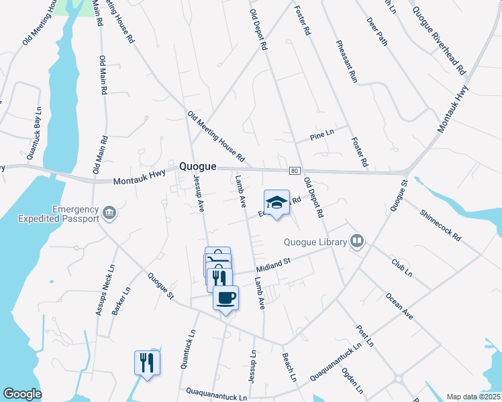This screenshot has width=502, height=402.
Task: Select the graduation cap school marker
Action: tap(276, 202)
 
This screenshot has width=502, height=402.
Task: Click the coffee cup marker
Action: tap(225, 297)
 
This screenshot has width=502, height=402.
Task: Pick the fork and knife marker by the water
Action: tap(147, 362)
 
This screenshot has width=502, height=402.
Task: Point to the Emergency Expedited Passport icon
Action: tap(109, 214)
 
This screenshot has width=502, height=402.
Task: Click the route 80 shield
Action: tap(295, 172)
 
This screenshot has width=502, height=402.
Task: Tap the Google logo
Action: tap(22, 394)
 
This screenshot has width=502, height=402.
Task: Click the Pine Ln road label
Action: tap(321, 135)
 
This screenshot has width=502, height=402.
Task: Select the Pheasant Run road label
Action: tap(348, 61)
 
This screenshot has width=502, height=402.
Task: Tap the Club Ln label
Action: tap(401, 265)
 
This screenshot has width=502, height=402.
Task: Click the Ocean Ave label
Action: tap(399, 301)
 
